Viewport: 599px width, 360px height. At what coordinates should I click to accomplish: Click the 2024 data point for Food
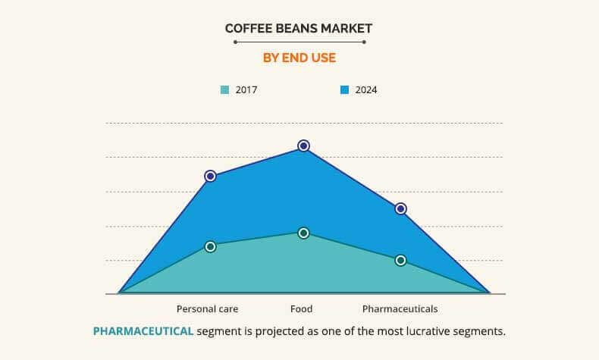(x=304, y=146)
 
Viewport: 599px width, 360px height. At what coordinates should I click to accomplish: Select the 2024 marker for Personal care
(x=211, y=177)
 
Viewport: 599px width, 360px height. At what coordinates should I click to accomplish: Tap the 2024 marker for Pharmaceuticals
(x=401, y=209)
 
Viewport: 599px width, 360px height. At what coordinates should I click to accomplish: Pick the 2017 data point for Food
(x=304, y=233)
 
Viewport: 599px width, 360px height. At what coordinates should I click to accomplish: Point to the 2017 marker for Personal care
(x=211, y=247)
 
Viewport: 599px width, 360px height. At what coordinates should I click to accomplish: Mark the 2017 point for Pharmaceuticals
(x=401, y=261)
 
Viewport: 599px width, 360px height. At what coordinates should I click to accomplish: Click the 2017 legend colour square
(x=224, y=90)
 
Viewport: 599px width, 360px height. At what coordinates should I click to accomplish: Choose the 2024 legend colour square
(x=344, y=90)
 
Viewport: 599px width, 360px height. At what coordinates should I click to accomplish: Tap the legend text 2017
(x=246, y=90)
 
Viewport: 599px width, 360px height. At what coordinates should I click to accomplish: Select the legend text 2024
(x=366, y=90)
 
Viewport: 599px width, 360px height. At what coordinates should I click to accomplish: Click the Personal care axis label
(x=208, y=309)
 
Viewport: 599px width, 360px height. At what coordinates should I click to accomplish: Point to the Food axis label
(x=302, y=309)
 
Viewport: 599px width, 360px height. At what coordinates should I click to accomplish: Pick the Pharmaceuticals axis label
(x=400, y=309)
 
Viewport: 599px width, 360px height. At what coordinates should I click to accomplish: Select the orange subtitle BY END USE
(x=299, y=58)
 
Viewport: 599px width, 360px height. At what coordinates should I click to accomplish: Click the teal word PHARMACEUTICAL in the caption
(x=143, y=331)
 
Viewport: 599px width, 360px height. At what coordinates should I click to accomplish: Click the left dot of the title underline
(x=235, y=42)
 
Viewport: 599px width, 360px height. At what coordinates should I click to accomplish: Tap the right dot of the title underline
(x=364, y=42)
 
